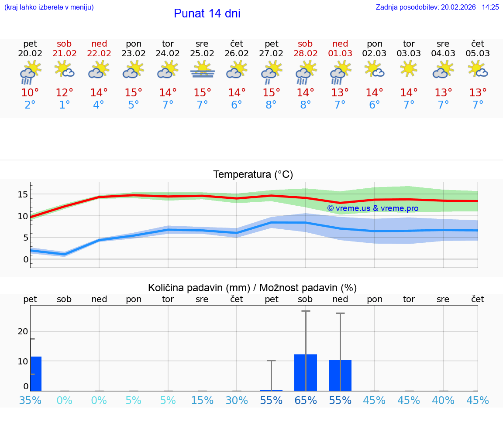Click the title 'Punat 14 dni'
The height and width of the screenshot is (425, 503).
pyautogui.click(x=207, y=14)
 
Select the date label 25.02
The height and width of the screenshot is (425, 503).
pyautogui.click(x=202, y=54)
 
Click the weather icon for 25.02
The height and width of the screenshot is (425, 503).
pyautogui.click(x=203, y=70)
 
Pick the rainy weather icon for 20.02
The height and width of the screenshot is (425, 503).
pyautogui.click(x=30, y=71)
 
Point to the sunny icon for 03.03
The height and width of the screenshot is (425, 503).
pyautogui.click(x=409, y=69)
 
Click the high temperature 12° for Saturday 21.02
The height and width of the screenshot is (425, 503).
pyautogui.click(x=65, y=93)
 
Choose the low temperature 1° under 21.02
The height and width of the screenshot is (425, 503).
pyautogui.click(x=65, y=105)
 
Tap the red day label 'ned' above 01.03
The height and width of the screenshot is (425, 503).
pyautogui.click(x=340, y=44)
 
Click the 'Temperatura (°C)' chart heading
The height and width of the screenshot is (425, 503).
pyautogui.click(x=253, y=175)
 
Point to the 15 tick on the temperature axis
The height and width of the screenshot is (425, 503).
pyautogui.click(x=23, y=194)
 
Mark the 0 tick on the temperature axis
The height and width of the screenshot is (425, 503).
pyautogui.click(x=26, y=259)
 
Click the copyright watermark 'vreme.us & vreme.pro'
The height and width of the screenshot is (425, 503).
pyautogui.click(x=373, y=208)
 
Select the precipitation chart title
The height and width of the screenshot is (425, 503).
pyautogui.click(x=252, y=288)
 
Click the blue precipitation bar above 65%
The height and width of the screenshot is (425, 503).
pyautogui.click(x=306, y=373)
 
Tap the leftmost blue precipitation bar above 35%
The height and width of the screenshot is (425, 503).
pyautogui.click(x=36, y=374)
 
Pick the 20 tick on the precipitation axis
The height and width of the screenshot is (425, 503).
pyautogui.click(x=23, y=331)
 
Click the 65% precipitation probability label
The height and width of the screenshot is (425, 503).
pyautogui.click(x=306, y=401)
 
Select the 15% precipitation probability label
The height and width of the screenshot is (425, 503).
pyautogui.click(x=202, y=401)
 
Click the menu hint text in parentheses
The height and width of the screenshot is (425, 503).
pyautogui.click(x=49, y=7)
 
